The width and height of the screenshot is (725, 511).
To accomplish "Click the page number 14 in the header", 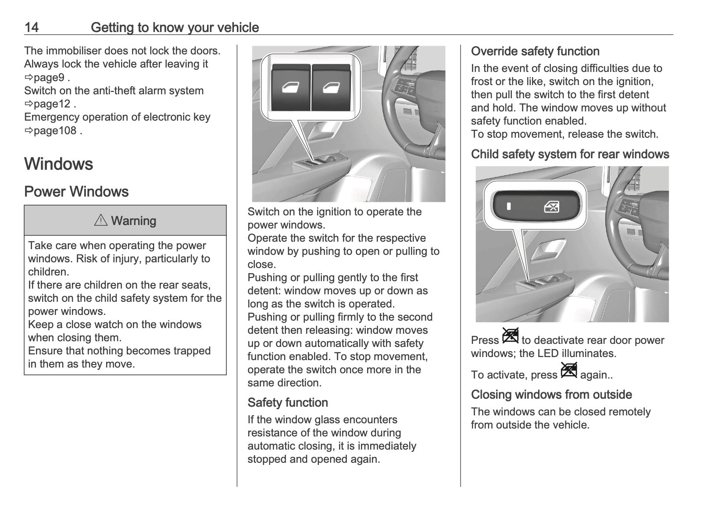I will (x=32, y=28).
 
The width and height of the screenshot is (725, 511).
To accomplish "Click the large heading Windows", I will (x=59, y=164).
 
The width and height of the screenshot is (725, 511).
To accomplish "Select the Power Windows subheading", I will (x=76, y=192).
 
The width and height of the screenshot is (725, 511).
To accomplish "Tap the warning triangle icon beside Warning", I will (x=101, y=221).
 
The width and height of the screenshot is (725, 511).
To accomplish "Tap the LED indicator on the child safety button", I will (x=509, y=206).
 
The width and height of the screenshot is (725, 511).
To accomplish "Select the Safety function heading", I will (x=288, y=403).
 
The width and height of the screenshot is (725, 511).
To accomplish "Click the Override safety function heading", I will (x=535, y=51).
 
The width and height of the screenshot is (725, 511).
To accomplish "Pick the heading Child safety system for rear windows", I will (x=570, y=154).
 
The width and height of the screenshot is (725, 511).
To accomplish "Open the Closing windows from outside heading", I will (x=551, y=395).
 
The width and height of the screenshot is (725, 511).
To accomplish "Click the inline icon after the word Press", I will (x=511, y=336).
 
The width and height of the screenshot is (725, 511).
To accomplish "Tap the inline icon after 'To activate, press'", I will (x=569, y=371).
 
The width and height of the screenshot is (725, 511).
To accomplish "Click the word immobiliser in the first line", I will (x=72, y=51).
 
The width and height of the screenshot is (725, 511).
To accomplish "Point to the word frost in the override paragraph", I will (x=482, y=82).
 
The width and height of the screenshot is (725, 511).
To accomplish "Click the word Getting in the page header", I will (x=112, y=28).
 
